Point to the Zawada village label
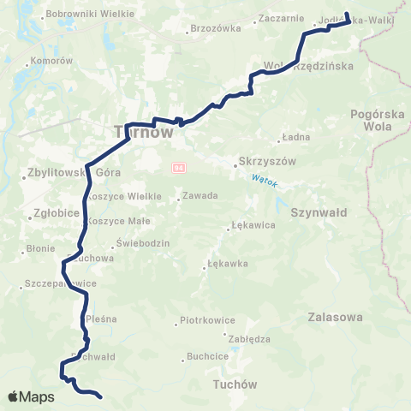tap(201, 196)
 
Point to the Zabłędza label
tap(251, 338)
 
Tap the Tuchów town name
tap(234, 384)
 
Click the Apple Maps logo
tap(31, 397)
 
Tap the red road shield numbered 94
tap(178, 166)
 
